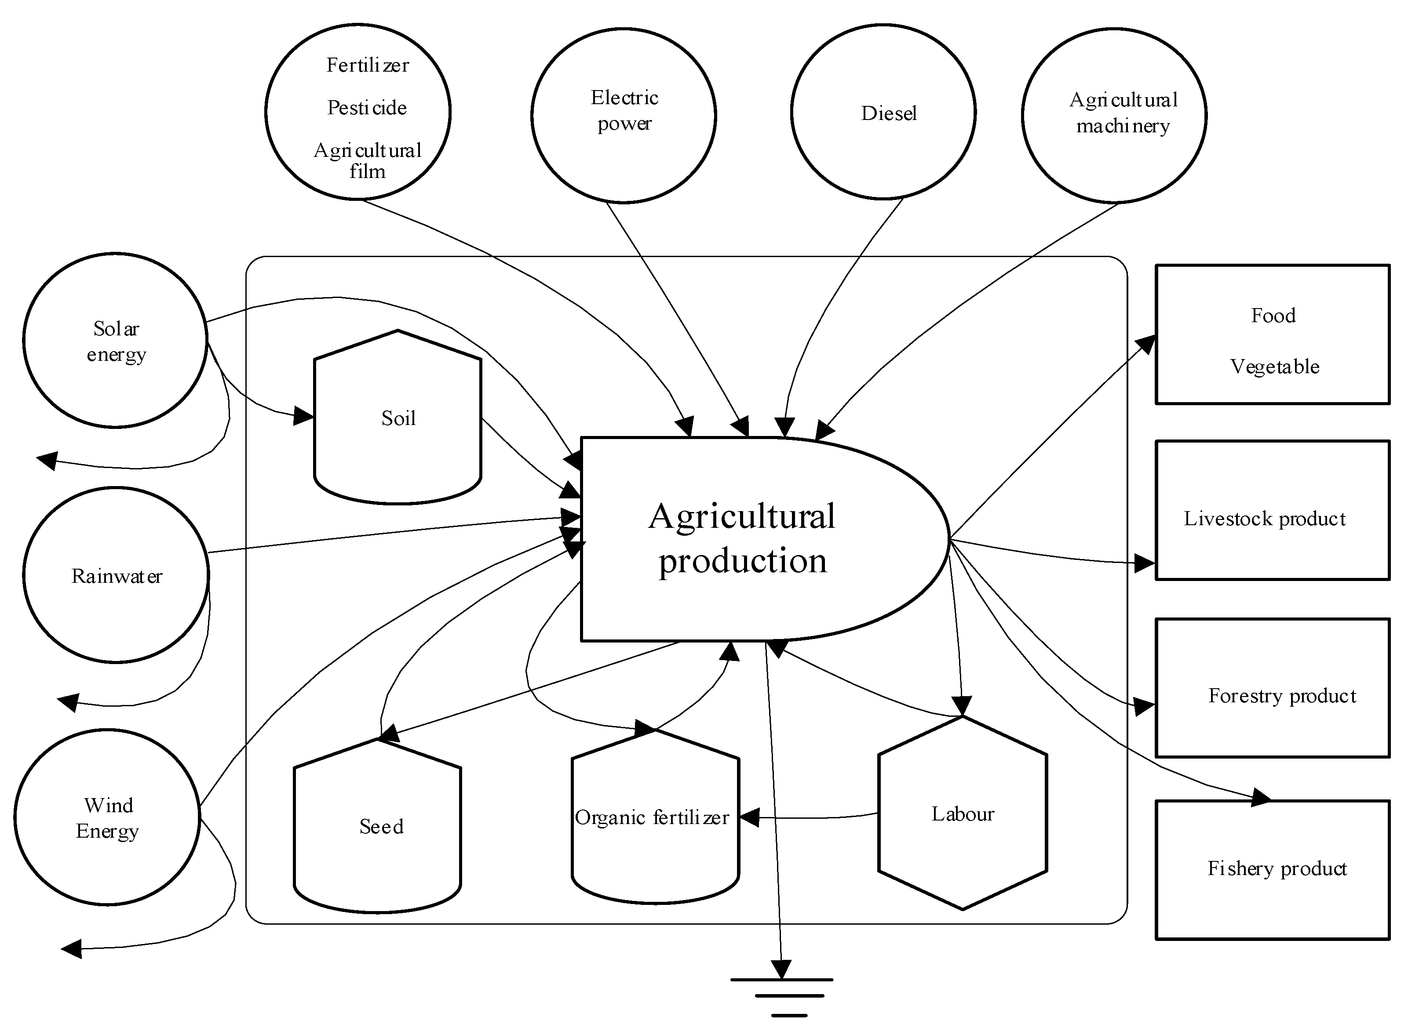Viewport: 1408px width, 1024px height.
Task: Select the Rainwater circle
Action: (x=116, y=575)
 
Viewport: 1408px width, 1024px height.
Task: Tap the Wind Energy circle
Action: (x=107, y=817)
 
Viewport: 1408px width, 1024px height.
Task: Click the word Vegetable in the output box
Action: (x=1274, y=367)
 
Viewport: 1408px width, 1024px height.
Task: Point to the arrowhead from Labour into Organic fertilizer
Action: (x=749, y=817)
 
